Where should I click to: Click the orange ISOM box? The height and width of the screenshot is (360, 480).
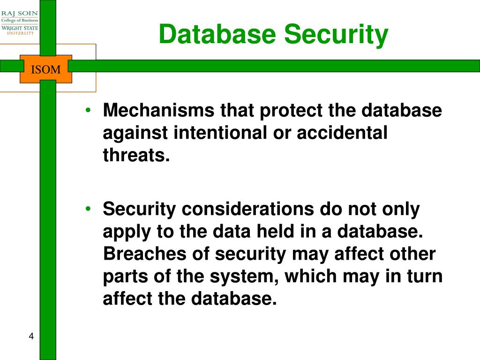click(46, 70)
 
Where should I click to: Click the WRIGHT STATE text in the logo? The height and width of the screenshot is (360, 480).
click(20, 28)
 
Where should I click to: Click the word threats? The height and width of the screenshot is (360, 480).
click(136, 155)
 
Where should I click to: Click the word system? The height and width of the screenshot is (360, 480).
click(239, 277)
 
